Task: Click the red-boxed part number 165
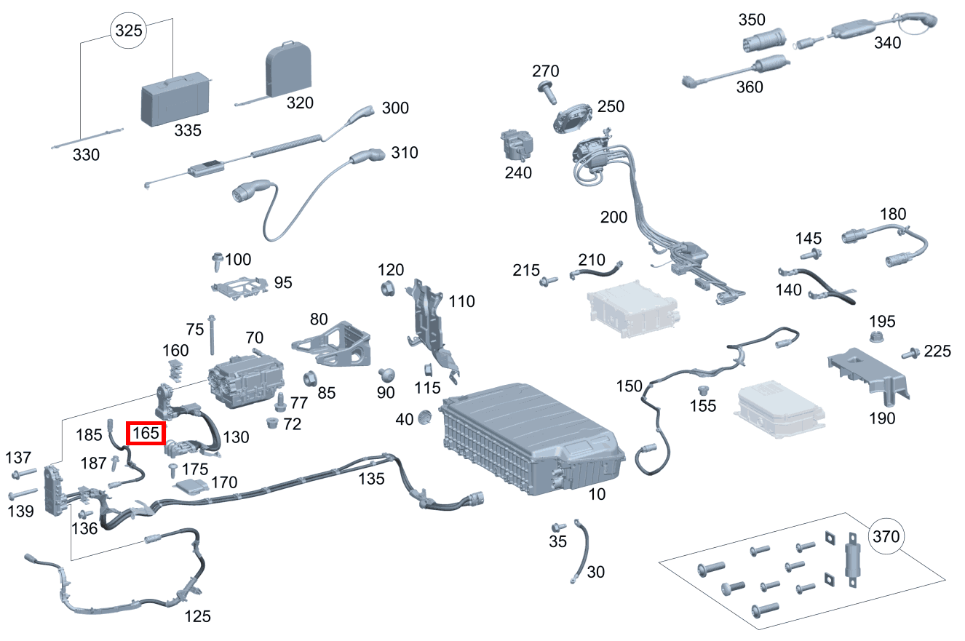tap(144, 433)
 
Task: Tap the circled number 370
tap(886, 538)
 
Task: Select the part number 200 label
tap(613, 217)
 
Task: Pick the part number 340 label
tap(887, 43)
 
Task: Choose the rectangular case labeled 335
tap(175, 98)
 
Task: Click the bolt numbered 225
tap(908, 354)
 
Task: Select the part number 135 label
tap(371, 478)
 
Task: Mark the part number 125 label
tap(197, 616)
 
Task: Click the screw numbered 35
tap(558, 527)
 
